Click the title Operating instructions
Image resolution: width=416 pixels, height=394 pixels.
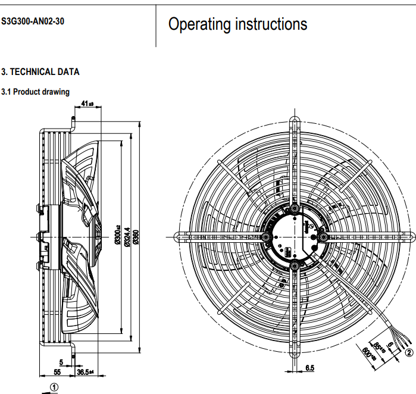point(237,24)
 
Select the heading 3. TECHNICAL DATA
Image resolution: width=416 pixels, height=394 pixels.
point(40,72)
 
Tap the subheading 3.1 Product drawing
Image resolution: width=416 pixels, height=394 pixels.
point(36,92)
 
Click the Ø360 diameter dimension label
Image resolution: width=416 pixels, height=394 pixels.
point(136,236)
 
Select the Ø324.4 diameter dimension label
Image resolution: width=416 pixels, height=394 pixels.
point(126,236)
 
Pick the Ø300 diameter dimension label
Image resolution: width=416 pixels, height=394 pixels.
point(117,236)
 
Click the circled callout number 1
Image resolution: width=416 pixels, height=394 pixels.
point(54,386)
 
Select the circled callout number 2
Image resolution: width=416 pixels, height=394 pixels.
point(408,352)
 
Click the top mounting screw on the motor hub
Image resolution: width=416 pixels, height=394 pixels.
point(293,208)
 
